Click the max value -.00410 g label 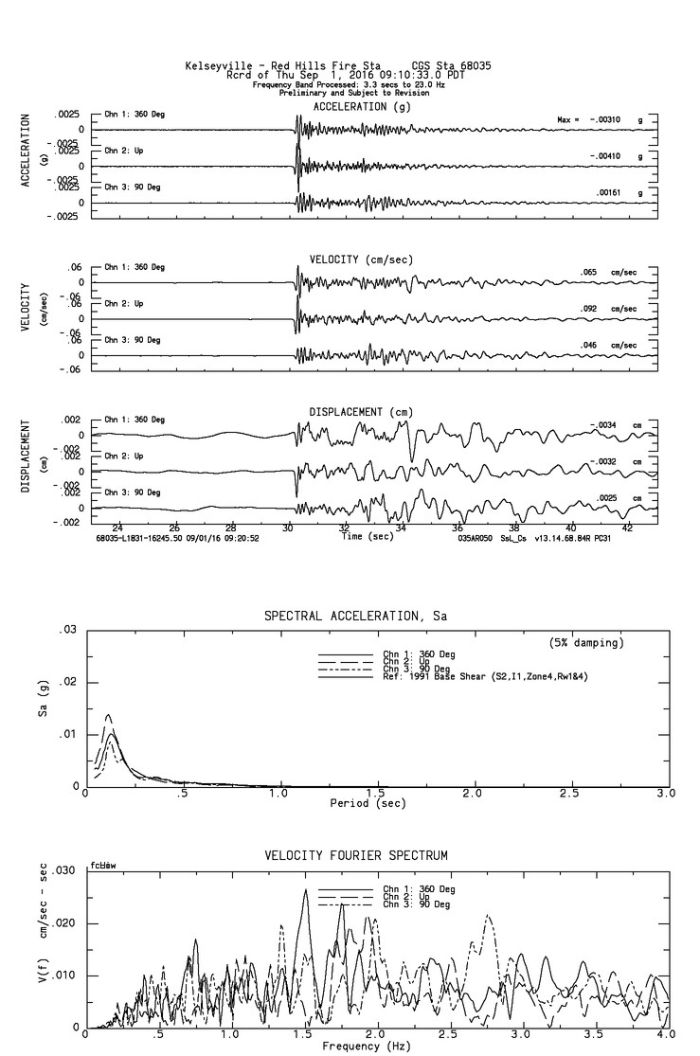607,155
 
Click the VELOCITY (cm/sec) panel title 361,260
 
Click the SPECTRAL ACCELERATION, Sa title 355,616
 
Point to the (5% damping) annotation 586,642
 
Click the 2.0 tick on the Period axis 473,793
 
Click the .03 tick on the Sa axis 67,630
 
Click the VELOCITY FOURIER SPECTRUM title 356,855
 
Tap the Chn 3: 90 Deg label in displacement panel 133,492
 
